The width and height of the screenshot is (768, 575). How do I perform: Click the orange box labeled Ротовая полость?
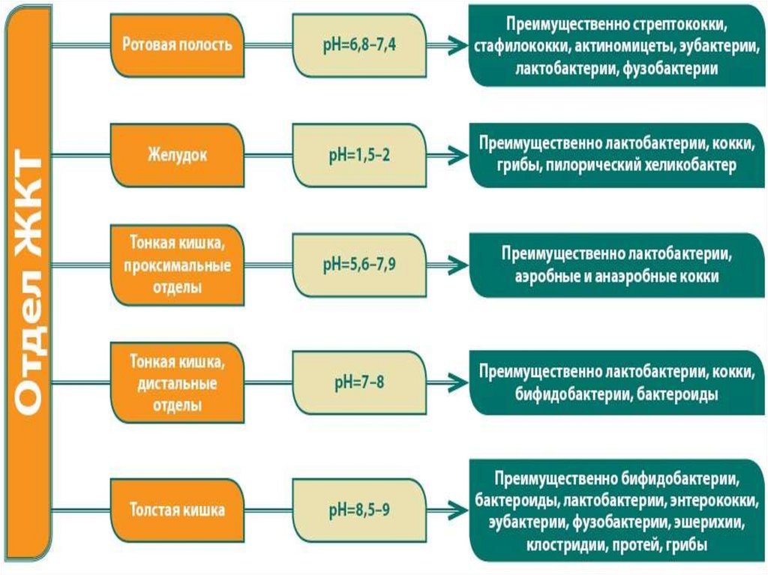coord(177,44)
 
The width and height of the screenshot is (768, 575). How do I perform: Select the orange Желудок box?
coord(177,156)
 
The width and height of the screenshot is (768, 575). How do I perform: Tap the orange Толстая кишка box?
coord(177,511)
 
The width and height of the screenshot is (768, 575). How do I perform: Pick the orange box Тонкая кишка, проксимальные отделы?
coord(177,265)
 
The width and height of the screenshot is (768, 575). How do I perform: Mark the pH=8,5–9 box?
coord(359,511)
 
